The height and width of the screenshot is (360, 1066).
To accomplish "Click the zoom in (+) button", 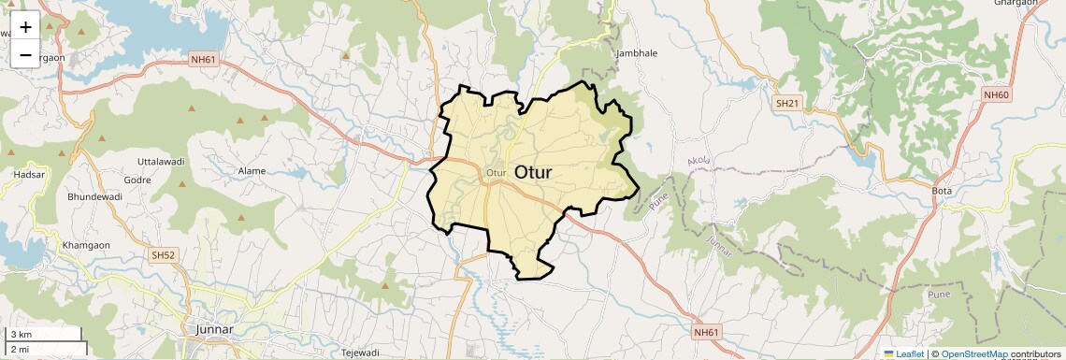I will click(x=25, y=26).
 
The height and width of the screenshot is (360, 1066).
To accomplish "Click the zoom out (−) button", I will click(x=25, y=55).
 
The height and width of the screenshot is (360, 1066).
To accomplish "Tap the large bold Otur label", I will click(x=533, y=173).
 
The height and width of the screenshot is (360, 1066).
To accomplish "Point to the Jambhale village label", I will click(x=637, y=53).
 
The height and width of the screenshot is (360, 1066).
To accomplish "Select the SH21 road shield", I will click(x=786, y=103).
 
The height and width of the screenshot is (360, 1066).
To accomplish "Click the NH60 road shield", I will click(x=996, y=94).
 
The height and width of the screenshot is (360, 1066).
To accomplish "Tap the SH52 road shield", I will click(x=163, y=254).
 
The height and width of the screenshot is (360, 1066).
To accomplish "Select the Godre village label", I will click(x=137, y=180).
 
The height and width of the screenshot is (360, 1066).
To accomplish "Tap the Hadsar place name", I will click(x=29, y=175).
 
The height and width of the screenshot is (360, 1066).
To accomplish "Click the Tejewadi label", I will click(x=359, y=353).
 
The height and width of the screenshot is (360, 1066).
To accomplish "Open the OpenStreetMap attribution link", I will click(x=975, y=353).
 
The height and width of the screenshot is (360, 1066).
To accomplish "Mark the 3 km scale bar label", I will click(x=21, y=334).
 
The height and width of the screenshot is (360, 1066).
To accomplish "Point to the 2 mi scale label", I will click(x=21, y=349).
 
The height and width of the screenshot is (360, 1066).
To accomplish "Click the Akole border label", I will click(x=699, y=161).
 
